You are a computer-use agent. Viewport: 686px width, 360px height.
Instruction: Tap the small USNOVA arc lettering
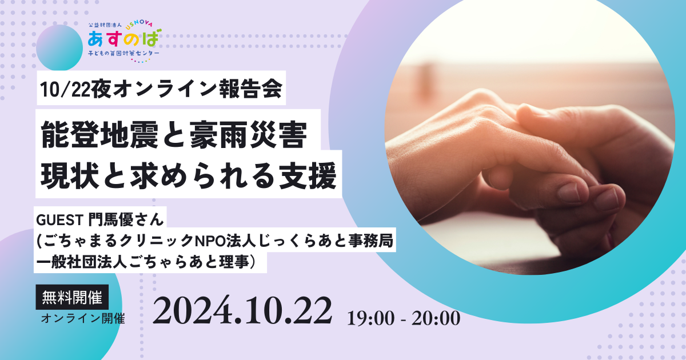(139, 25)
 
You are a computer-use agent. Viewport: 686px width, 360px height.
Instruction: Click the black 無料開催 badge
(72, 297)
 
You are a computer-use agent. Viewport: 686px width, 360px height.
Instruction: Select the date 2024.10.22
(242, 310)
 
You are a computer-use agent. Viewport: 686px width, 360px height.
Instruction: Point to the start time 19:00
(371, 318)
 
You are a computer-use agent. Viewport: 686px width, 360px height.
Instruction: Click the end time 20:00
(436, 318)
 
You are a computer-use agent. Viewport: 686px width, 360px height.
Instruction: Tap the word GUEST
(59, 220)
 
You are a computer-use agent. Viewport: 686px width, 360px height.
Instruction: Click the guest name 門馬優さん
(126, 219)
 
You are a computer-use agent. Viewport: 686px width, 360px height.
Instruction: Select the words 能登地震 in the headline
(99, 135)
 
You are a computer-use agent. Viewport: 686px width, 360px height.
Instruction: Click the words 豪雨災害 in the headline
(249, 135)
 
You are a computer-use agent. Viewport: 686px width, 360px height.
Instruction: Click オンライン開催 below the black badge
(83, 318)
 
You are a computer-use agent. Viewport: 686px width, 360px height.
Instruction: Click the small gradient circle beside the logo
(59, 48)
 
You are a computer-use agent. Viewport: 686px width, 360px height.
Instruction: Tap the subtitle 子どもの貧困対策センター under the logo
(123, 53)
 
